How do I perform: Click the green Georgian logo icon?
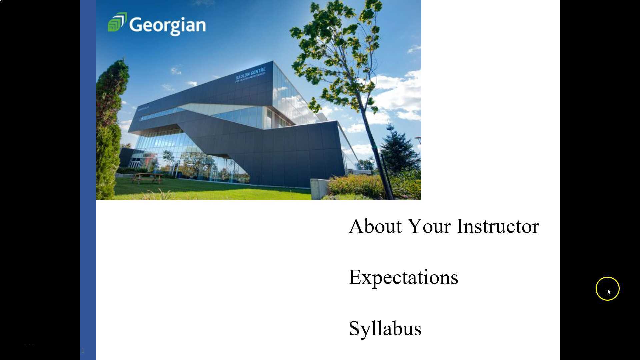(117, 22)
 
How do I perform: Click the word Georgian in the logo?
(167, 25)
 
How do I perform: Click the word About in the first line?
(375, 226)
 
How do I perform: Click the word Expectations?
(403, 277)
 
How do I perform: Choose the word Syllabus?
(385, 329)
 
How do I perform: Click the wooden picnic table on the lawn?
(147, 178)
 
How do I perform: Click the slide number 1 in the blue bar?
(83, 351)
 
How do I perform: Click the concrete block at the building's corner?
(319, 188)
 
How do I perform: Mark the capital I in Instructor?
(460, 226)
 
